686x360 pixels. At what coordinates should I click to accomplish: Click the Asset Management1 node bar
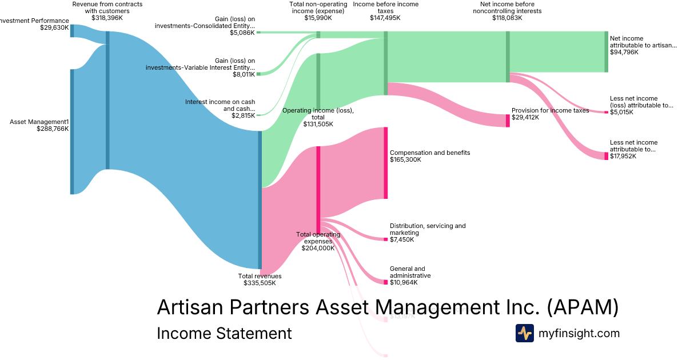point(72,131)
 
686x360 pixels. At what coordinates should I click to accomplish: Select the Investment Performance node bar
point(72,31)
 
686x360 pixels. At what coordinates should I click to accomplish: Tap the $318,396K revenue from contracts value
point(107,18)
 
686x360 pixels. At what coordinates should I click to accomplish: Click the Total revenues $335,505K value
point(260,283)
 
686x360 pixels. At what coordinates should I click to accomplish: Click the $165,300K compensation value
point(405,159)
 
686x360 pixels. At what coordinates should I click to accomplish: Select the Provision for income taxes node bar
point(507,121)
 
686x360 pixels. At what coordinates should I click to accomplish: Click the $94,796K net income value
point(624,52)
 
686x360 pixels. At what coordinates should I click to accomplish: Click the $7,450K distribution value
point(402,239)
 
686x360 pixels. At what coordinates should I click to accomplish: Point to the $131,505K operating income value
point(318,124)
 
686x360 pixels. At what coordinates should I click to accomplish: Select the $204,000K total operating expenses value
point(318,248)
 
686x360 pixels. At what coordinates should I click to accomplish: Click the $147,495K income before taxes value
point(385,18)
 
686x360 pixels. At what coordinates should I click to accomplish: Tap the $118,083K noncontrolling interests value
point(507,18)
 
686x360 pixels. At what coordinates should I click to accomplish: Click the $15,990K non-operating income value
point(318,18)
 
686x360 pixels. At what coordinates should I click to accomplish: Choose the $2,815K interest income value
point(244,115)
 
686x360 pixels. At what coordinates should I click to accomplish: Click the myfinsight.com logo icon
point(524,333)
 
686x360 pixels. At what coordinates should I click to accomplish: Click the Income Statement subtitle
point(224,333)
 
